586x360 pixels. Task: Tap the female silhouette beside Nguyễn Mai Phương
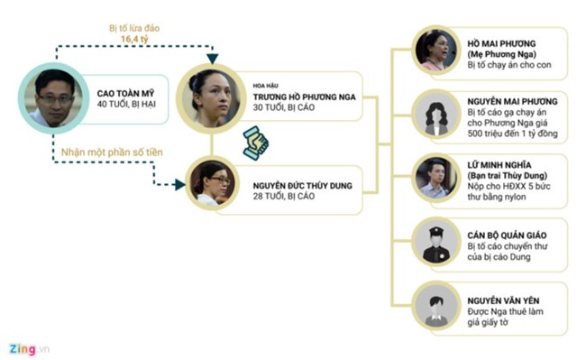coord(437,115)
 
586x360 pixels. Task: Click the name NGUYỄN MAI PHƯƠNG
coord(512,102)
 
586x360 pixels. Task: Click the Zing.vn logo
coord(30,346)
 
